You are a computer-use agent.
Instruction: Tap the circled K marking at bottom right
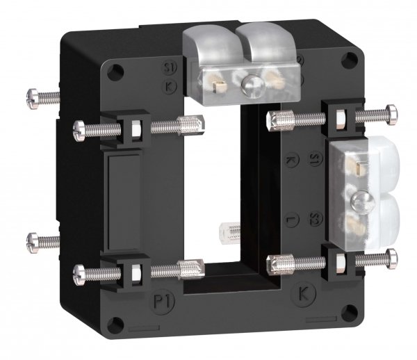coord(304,291)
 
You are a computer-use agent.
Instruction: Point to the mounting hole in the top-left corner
coord(113,69)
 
